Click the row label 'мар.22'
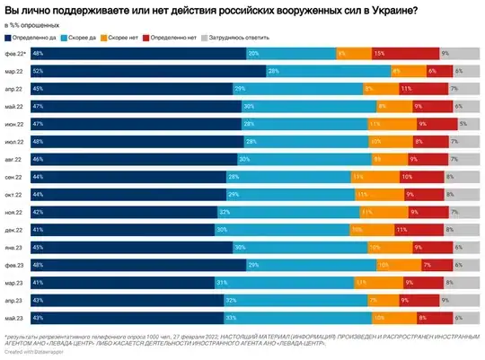pyautogui.click(x=13, y=71)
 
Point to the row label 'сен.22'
pyautogui.click(x=13, y=177)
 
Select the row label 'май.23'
pyautogui.click(x=13, y=318)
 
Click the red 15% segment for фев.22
pyautogui.click(x=381, y=54)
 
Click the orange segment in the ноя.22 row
pyautogui.click(x=367, y=212)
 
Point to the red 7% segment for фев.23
pyautogui.click(x=426, y=265)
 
